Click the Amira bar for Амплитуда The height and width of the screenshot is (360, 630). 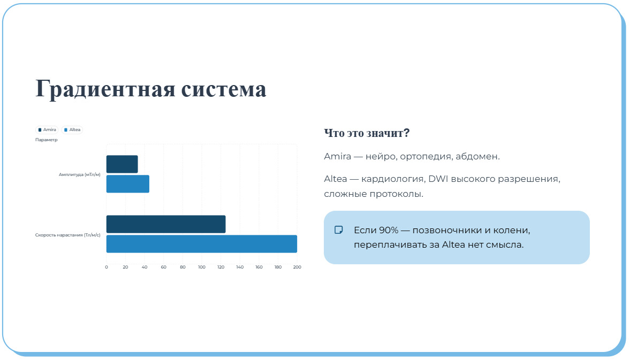(x=122, y=164)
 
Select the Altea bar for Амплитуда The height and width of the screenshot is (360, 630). (x=127, y=184)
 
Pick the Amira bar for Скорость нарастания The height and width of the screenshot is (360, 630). (x=166, y=224)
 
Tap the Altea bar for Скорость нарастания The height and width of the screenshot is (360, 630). (x=201, y=244)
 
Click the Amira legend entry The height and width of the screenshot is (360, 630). (x=47, y=130)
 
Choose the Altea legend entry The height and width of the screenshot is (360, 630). (x=72, y=130)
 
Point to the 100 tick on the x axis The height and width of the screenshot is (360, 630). (x=202, y=267)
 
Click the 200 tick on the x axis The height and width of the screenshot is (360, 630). (x=297, y=267)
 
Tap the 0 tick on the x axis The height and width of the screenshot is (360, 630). (x=107, y=267)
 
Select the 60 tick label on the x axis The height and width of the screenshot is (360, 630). (x=164, y=267)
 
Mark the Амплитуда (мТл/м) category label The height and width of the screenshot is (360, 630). (x=80, y=174)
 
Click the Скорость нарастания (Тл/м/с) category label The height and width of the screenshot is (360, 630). (x=68, y=234)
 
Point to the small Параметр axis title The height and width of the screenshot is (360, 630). (x=46, y=140)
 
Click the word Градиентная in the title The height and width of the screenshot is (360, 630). (x=105, y=89)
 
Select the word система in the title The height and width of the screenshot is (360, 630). (x=224, y=89)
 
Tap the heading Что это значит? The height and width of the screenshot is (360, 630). (x=367, y=133)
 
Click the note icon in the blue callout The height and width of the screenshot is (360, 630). (x=339, y=230)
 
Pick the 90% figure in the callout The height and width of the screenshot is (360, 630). (x=389, y=231)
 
